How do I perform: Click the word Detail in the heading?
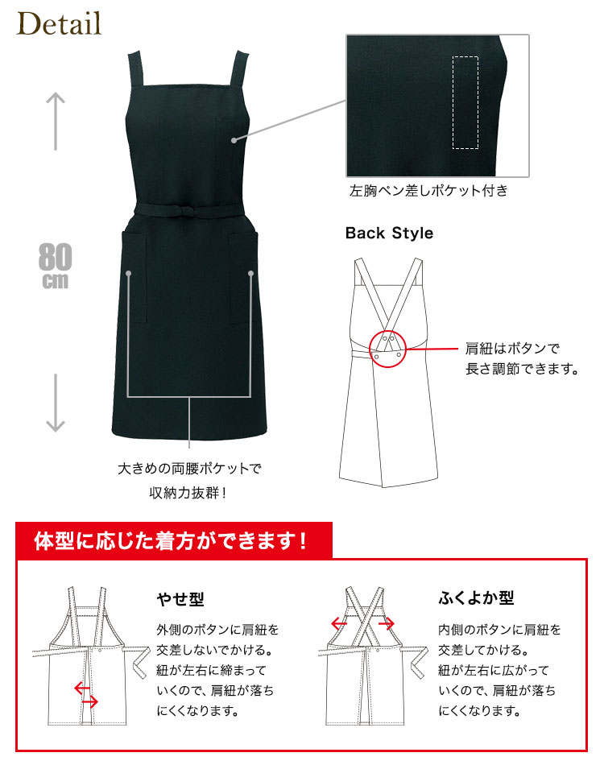point(59,24)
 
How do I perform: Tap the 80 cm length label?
point(55,266)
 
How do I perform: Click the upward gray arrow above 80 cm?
point(56,121)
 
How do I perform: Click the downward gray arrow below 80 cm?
point(56,403)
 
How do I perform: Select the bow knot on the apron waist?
point(188,211)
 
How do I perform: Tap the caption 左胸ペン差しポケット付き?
point(428,190)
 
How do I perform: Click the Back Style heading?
point(389,234)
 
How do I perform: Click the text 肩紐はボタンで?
point(512,349)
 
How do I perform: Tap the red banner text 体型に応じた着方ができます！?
point(171,540)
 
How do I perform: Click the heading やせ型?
point(180,598)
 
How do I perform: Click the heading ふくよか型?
point(476,598)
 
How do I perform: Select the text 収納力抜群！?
point(188,493)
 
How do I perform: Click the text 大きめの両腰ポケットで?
point(189,469)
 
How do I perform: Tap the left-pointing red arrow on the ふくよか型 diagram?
point(339,623)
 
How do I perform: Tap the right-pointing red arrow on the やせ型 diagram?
point(90,702)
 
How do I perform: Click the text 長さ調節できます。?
point(522,368)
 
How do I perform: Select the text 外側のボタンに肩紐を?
point(217,630)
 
